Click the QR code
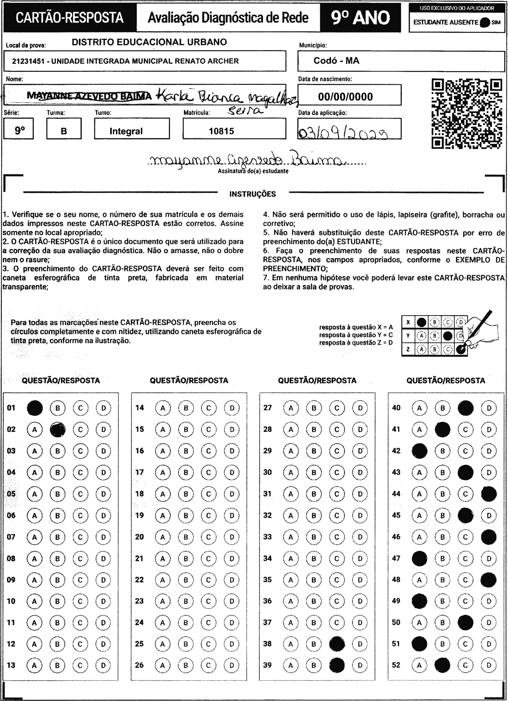click(x=467, y=114)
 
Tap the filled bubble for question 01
click(x=35, y=408)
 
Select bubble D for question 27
click(x=360, y=408)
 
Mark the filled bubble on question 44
click(x=489, y=494)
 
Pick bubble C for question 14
click(x=209, y=408)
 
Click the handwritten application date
click(x=343, y=133)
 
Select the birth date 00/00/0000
click(x=345, y=97)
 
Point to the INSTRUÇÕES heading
click(x=253, y=194)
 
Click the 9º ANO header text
click(x=360, y=18)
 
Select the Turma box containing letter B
click(x=64, y=129)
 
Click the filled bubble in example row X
click(x=421, y=322)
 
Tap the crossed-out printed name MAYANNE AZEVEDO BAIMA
click(x=89, y=96)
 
